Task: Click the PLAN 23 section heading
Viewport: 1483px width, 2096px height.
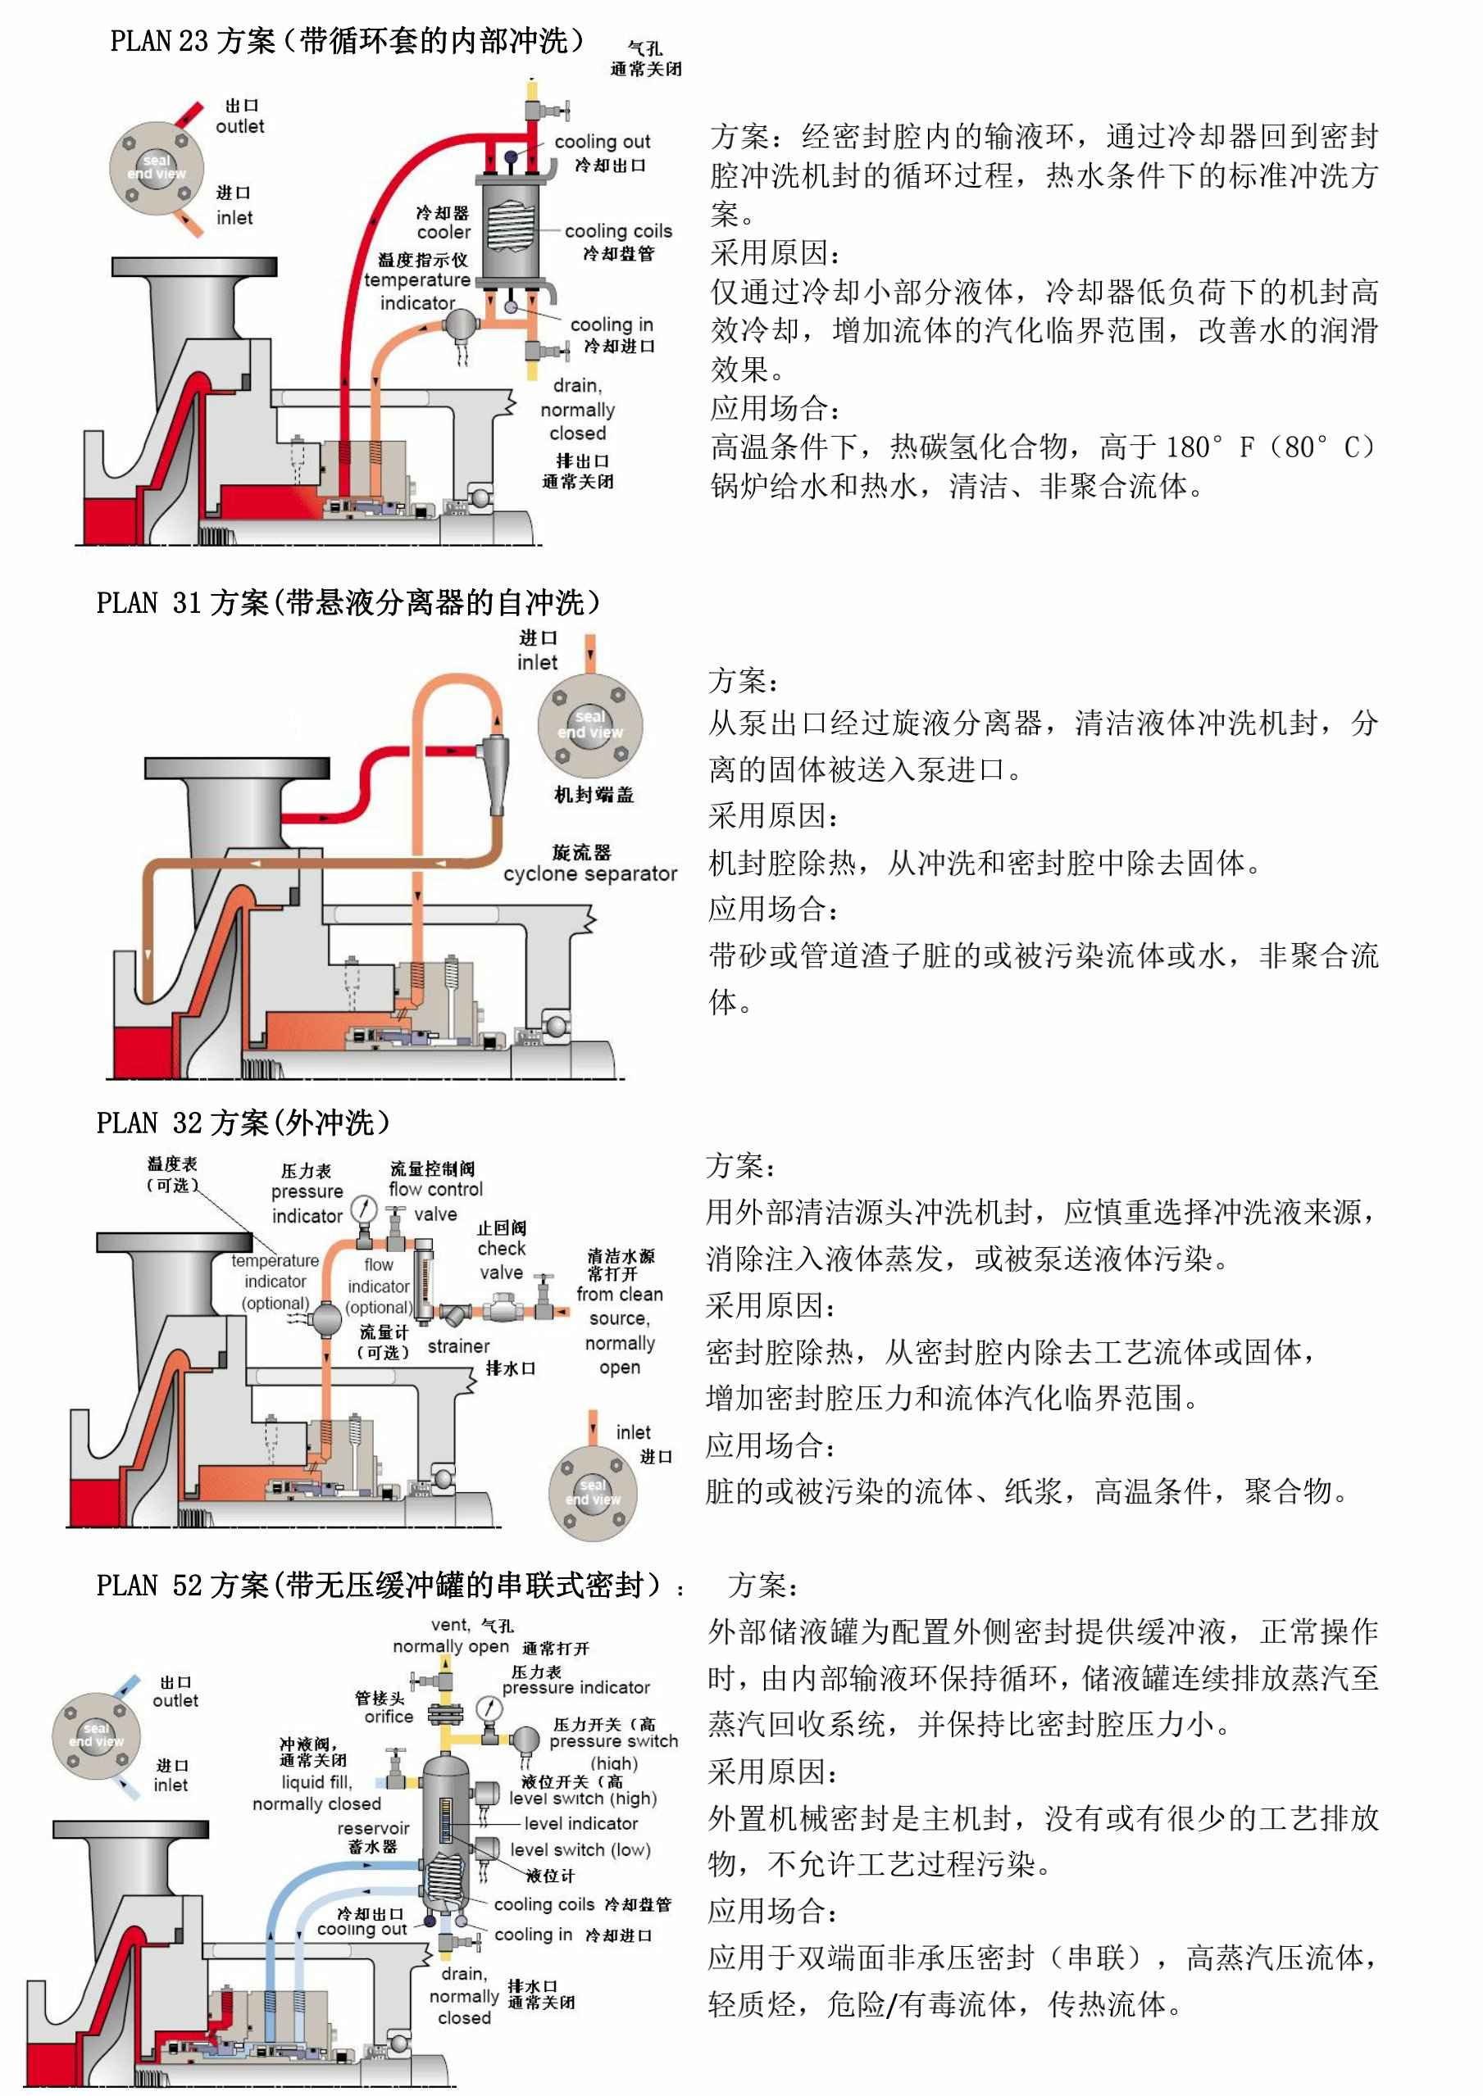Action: point(347,41)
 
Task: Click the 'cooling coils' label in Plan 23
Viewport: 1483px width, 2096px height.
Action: point(617,231)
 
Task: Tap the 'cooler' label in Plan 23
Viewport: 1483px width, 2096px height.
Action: point(444,232)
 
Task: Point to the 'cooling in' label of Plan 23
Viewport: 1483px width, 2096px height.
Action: point(611,324)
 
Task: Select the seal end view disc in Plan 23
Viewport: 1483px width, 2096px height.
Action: point(156,167)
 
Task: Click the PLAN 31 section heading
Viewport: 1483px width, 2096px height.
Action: point(348,602)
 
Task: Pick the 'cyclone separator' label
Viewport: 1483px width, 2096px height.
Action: point(590,873)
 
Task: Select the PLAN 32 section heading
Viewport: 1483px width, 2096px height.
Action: point(243,1123)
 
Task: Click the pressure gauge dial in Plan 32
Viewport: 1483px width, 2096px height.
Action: point(364,1208)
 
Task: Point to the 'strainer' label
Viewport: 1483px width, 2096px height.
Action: point(458,1345)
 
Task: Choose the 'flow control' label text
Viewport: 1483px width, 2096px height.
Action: point(435,1190)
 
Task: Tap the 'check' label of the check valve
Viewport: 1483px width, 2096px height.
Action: point(502,1248)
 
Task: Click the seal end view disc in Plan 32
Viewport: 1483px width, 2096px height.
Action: point(593,1493)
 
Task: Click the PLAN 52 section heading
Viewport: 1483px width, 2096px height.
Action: point(378,1585)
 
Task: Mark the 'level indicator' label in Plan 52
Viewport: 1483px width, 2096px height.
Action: point(580,1823)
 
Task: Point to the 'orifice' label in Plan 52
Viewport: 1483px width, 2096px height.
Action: point(389,1717)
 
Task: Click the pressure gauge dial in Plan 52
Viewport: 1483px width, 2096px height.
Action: point(489,1708)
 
